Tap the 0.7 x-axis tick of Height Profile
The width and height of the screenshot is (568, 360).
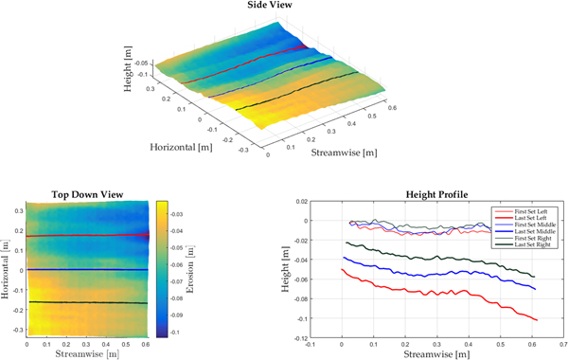pos(562,345)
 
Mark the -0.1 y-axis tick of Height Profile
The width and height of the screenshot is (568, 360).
pos(326,318)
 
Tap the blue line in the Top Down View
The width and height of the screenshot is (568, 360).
pos(85,270)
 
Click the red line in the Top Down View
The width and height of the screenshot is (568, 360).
pos(85,235)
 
